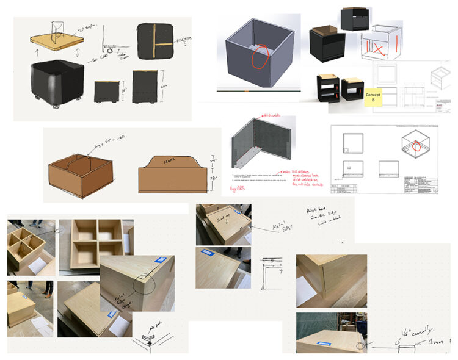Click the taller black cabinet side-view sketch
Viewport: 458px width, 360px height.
(x=142, y=86)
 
